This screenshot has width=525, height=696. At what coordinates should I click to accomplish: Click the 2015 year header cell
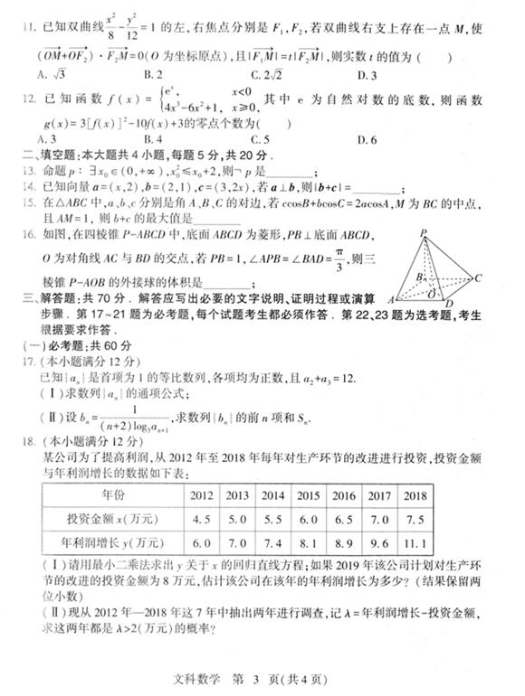pyautogui.click(x=308, y=495)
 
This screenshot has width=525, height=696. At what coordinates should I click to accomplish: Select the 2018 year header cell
pyautogui.click(x=415, y=495)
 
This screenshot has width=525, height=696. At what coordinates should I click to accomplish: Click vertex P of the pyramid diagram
pyautogui.click(x=423, y=233)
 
